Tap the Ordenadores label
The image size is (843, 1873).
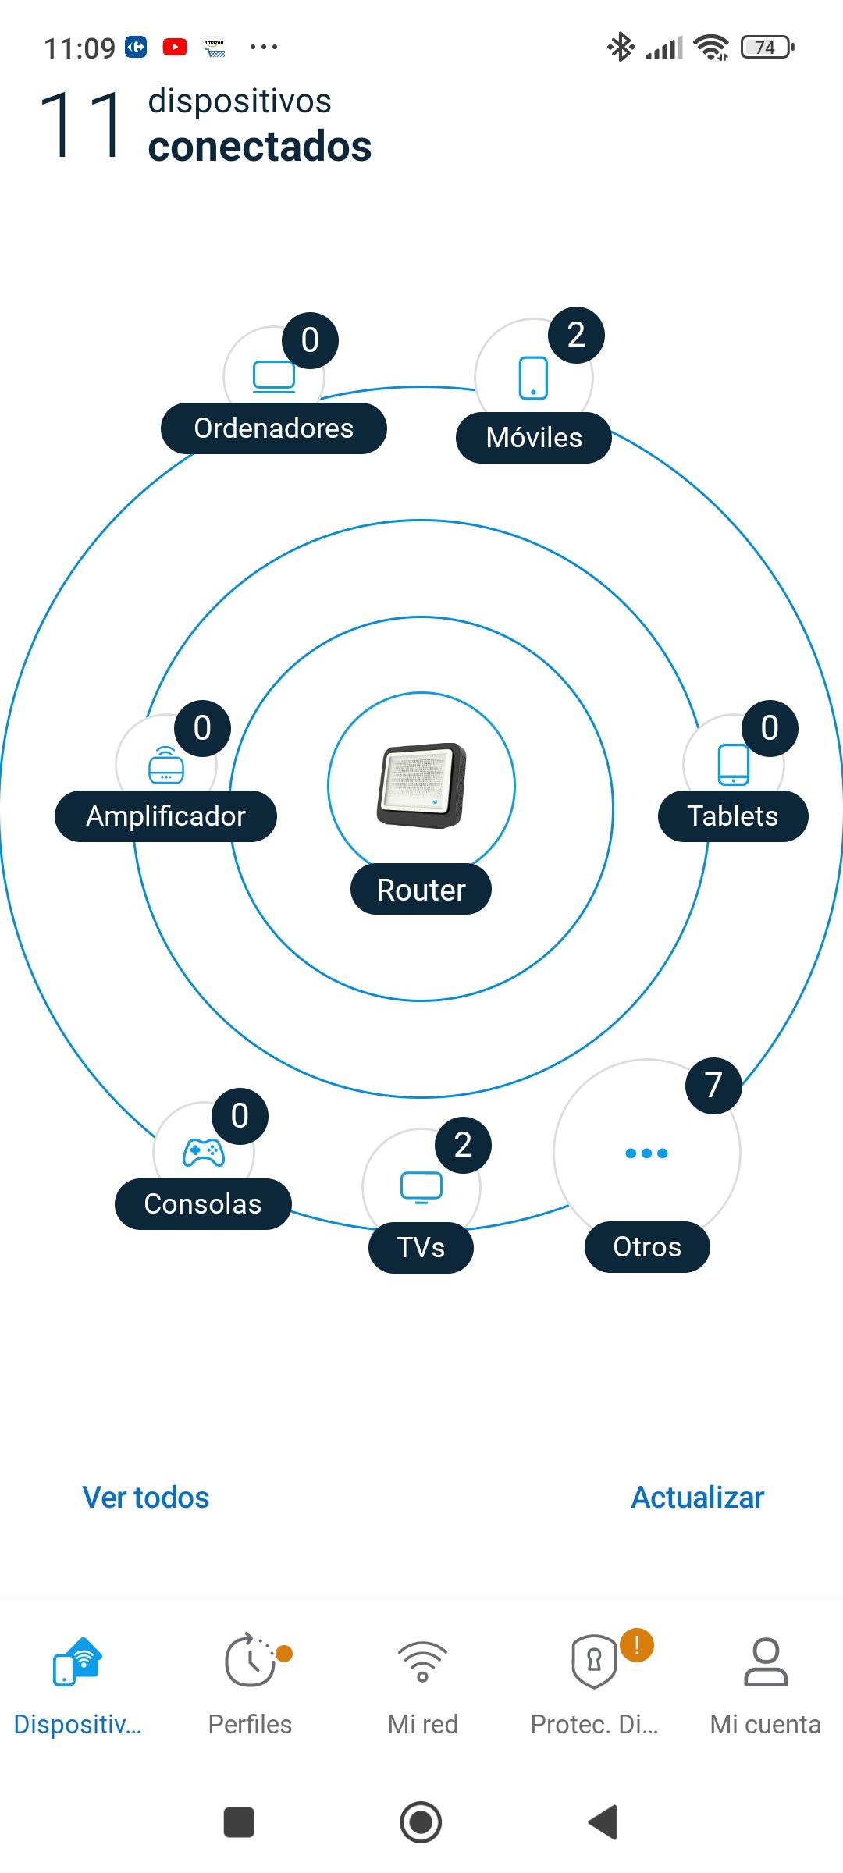273,428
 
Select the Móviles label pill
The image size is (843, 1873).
534,438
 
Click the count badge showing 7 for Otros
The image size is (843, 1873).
713,1086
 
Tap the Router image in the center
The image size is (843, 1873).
421,785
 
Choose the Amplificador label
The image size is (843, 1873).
165,816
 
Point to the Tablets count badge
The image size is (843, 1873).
770,728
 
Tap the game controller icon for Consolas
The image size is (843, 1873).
204,1153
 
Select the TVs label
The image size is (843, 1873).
421,1247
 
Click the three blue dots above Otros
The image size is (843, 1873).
646,1153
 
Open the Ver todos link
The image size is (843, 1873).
146,1498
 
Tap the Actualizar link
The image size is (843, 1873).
697,1498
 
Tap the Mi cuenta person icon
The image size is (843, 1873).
766,1662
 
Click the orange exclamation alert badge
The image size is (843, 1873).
637,1645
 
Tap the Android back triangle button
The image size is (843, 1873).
603,1822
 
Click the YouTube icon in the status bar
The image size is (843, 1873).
175,48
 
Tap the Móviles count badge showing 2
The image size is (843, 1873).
576,336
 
